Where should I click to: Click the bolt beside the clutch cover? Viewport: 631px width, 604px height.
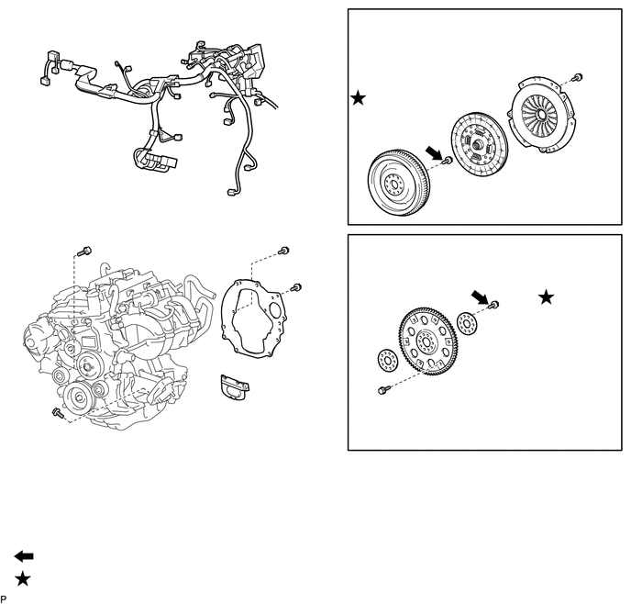coord(577,76)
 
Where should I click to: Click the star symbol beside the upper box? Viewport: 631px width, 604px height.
coord(359,97)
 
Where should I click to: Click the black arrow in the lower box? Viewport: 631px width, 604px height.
coord(480,296)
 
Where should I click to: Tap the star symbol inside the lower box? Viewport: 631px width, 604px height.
coord(547,296)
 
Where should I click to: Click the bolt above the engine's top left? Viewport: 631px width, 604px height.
coord(85,252)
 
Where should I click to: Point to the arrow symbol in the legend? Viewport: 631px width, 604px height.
coord(24,556)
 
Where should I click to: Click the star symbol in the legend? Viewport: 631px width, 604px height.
coord(24,578)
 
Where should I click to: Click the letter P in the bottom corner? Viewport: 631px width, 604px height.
coord(4,598)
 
